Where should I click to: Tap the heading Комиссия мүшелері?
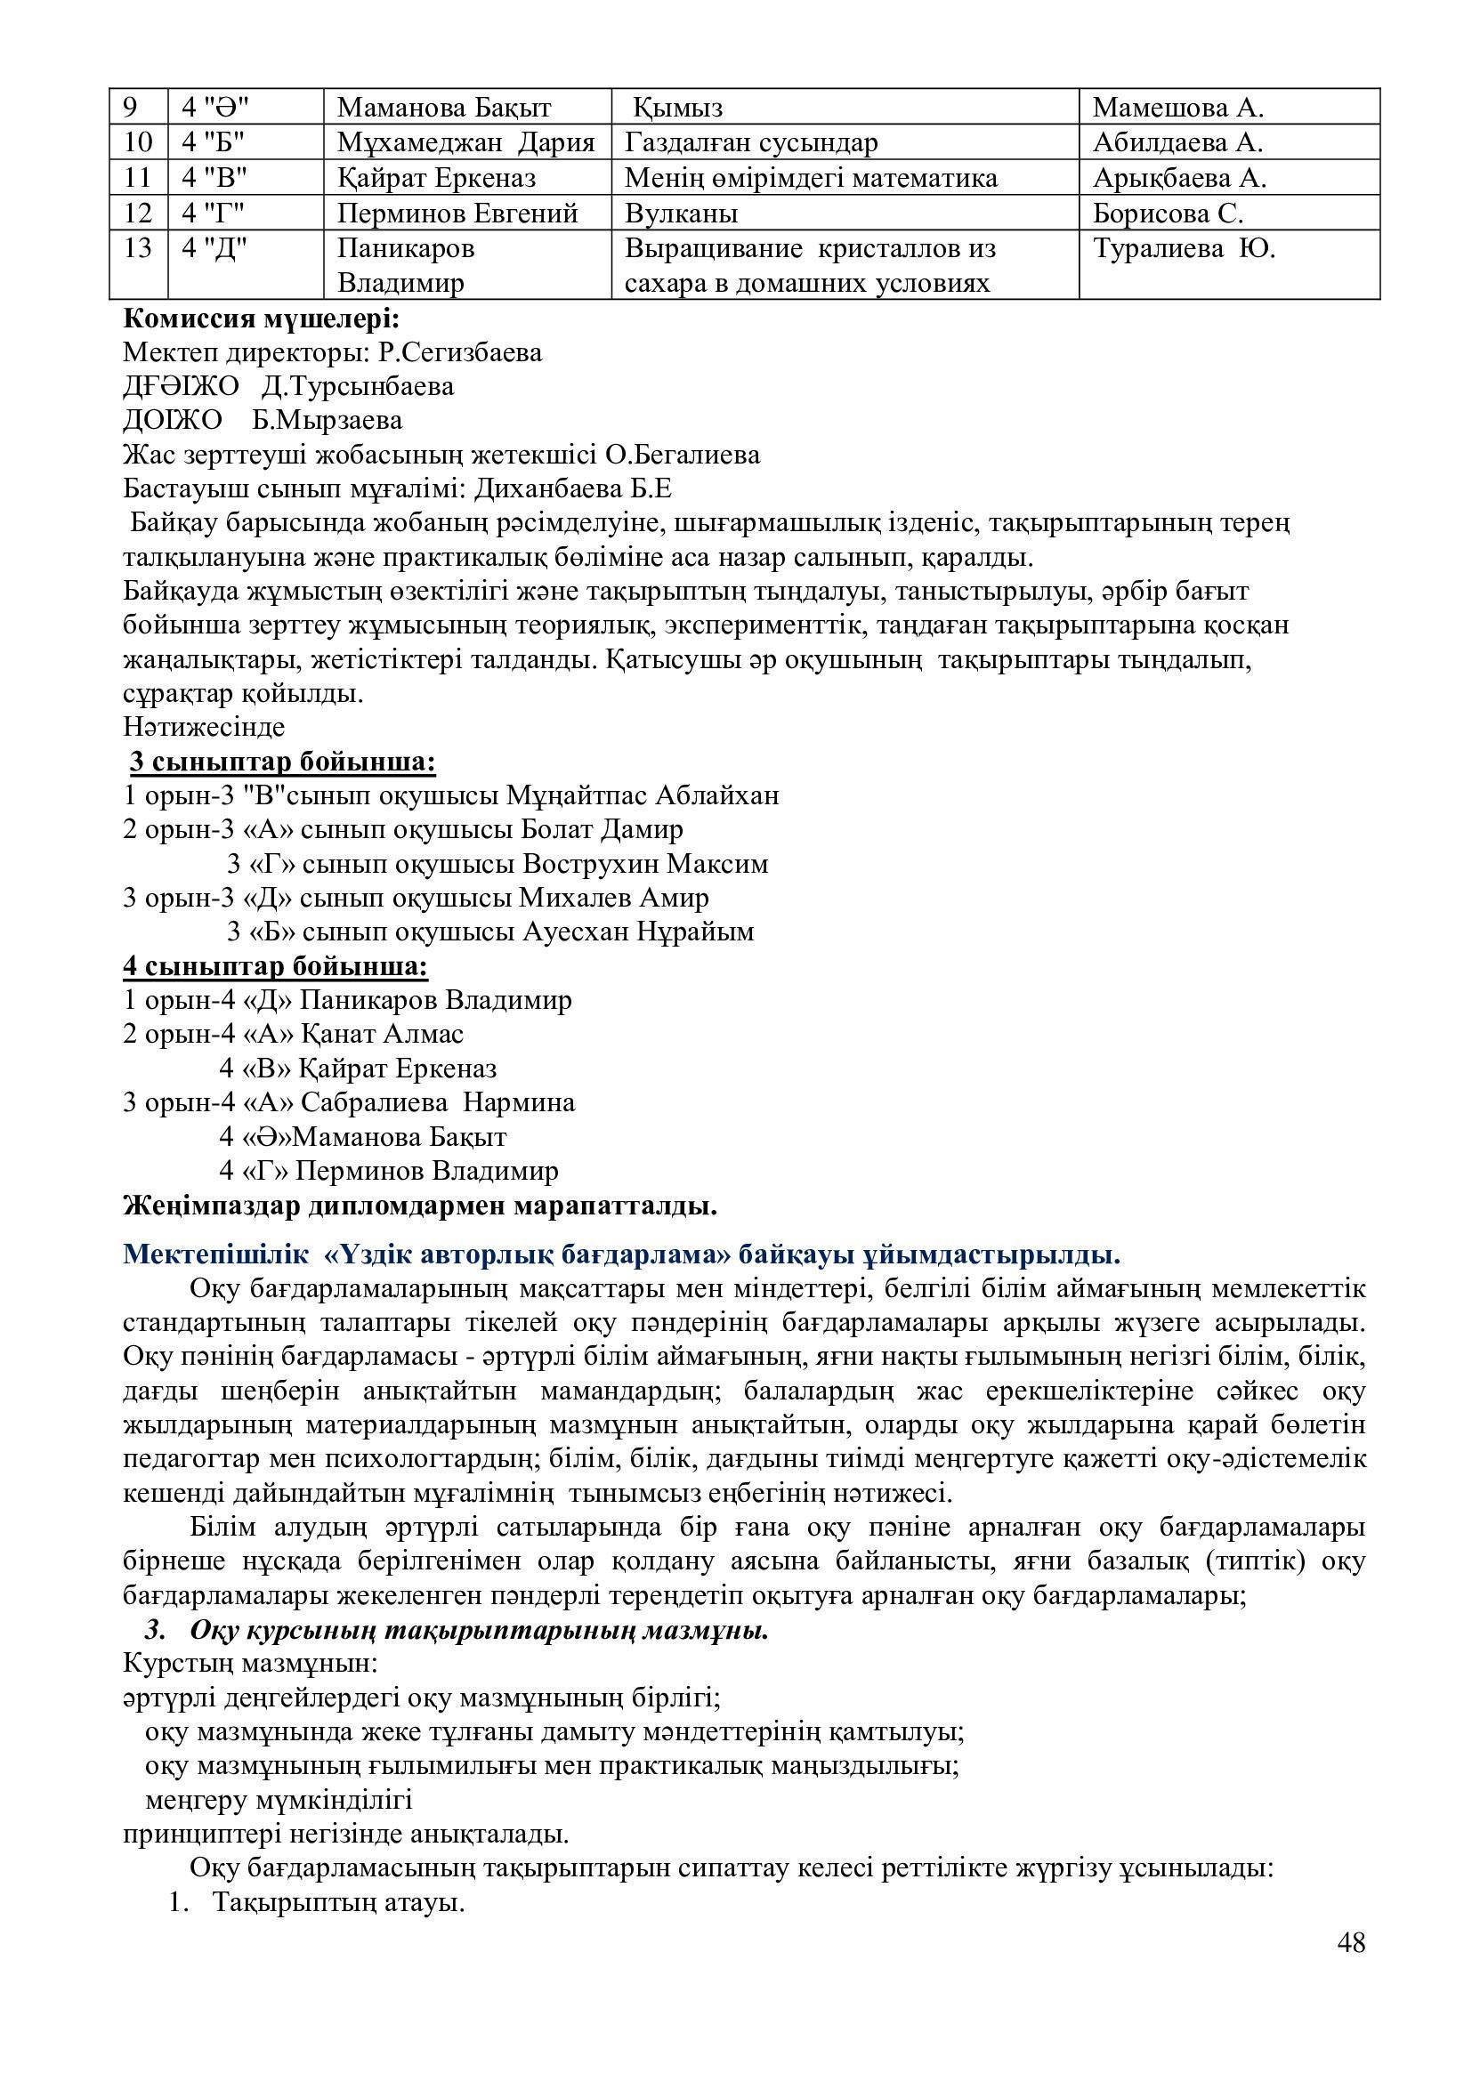click(x=261, y=319)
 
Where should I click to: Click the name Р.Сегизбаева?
click(x=460, y=352)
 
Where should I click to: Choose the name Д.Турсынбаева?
click(x=358, y=387)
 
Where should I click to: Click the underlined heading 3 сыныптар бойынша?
click(x=283, y=762)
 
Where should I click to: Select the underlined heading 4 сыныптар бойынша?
click(x=276, y=967)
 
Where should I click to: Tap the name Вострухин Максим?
click(x=645, y=864)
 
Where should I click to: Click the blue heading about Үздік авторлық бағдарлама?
click(x=622, y=1255)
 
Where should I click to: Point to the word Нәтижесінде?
click(x=204, y=727)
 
